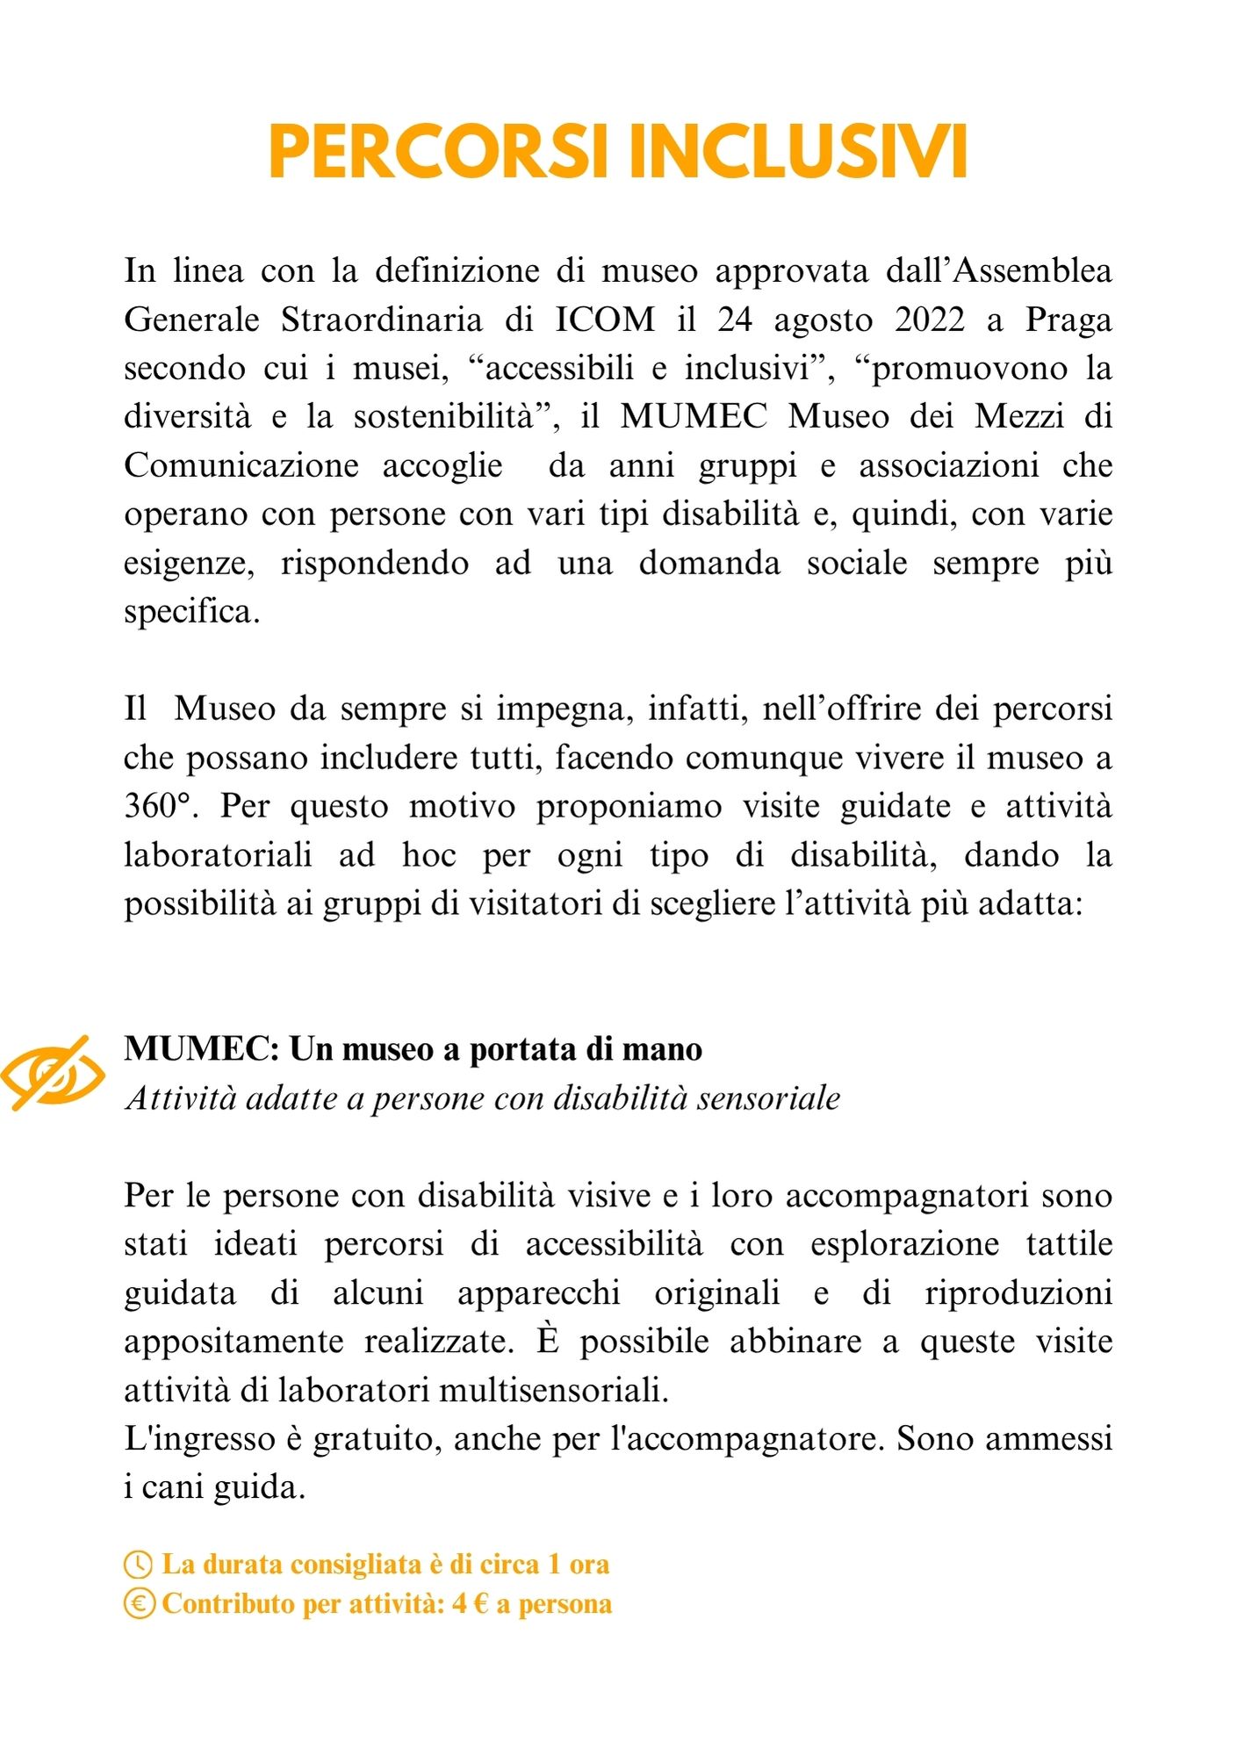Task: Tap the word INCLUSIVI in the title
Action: point(799,152)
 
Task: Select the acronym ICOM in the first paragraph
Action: point(605,320)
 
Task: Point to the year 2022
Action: point(930,320)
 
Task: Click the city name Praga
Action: point(1068,320)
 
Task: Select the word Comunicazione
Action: point(241,465)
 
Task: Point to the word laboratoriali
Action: point(218,855)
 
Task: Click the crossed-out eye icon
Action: point(53,1073)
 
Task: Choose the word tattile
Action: point(1068,1244)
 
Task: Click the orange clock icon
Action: point(138,1565)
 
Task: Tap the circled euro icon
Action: point(138,1604)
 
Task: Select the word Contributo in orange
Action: point(228,1604)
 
